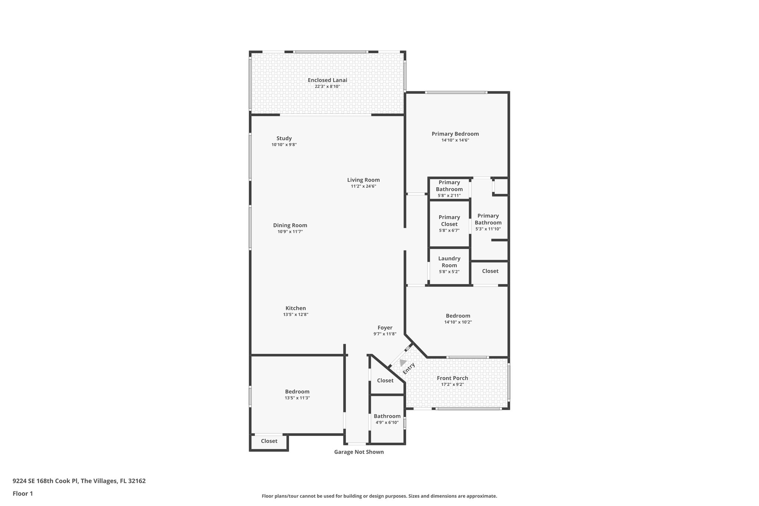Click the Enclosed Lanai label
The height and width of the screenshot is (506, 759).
pos(327,80)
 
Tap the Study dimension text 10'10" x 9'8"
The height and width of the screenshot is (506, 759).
pos(284,145)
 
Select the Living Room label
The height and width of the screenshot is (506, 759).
pos(363,180)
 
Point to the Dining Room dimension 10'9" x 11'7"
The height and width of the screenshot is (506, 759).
pos(290,232)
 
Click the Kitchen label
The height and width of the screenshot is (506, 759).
pos(295,308)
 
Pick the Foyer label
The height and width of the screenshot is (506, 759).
pos(385,328)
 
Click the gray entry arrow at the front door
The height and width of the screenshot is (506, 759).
pos(402,363)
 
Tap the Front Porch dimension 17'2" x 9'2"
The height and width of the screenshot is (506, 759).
pos(452,384)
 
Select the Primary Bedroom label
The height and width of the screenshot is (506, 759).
pos(455,134)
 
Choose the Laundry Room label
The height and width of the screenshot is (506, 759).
pos(449,262)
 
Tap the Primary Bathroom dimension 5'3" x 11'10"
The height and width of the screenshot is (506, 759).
pos(488,229)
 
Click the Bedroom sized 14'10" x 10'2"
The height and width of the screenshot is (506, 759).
pos(458,318)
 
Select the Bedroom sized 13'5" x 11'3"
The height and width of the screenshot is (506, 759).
pos(297,394)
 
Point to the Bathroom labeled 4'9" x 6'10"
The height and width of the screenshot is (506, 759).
pos(387,419)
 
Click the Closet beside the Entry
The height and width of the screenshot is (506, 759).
pos(385,380)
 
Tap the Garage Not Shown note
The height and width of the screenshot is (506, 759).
pos(359,452)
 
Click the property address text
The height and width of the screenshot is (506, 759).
pos(79,481)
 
